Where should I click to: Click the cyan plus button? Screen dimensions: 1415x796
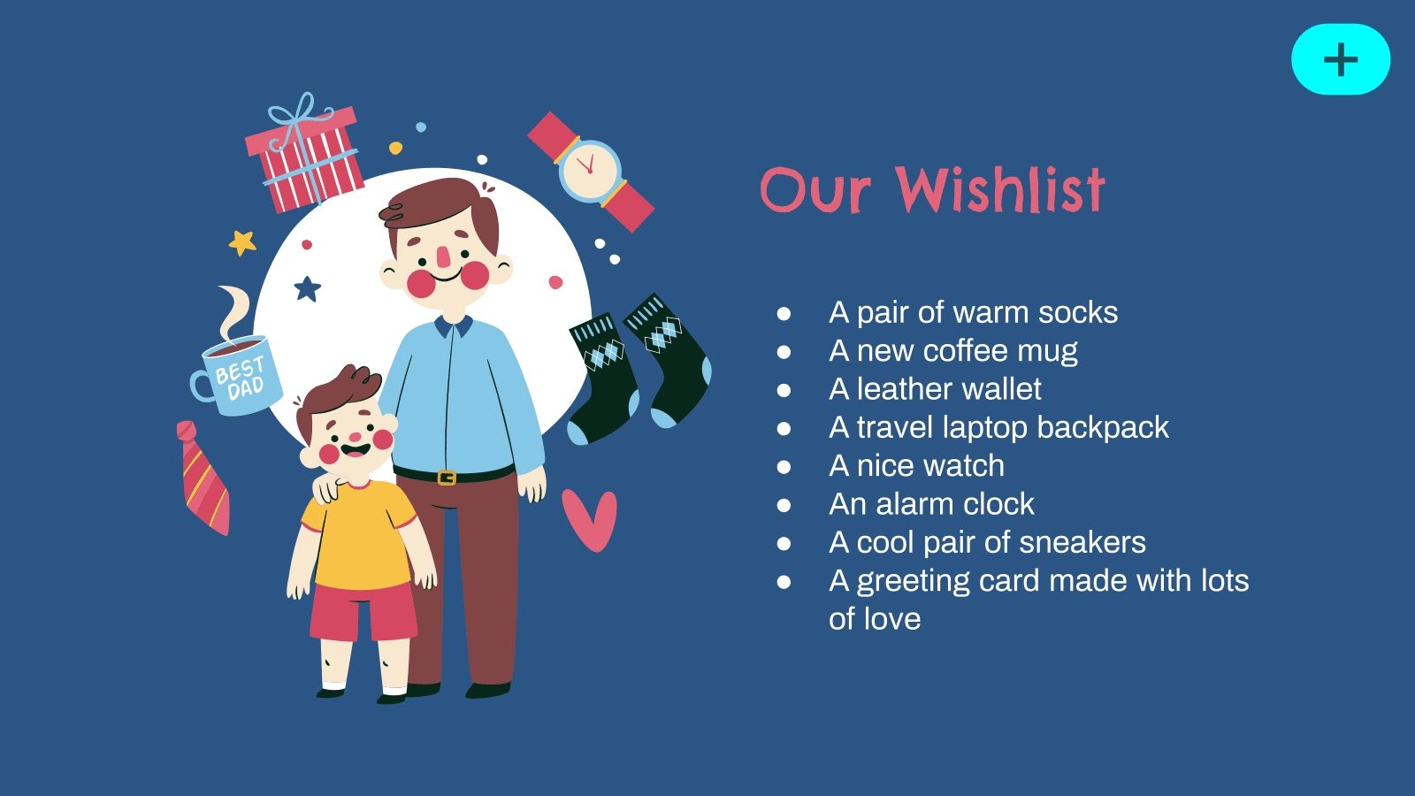(1341, 59)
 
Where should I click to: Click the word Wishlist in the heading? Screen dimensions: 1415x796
(1000, 189)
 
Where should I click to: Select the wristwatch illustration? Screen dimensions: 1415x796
(592, 172)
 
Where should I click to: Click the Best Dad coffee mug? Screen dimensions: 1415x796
(238, 377)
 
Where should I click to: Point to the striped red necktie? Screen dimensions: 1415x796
(203, 478)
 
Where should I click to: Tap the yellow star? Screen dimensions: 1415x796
(242, 242)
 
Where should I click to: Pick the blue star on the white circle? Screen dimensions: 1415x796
(308, 288)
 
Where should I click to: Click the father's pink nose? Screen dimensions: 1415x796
(444, 256)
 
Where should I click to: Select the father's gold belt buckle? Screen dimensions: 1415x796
(447, 477)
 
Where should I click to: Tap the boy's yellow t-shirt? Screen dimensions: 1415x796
(359, 535)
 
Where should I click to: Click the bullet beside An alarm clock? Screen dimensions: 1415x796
(784, 505)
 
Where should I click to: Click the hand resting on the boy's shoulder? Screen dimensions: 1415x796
(328, 487)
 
